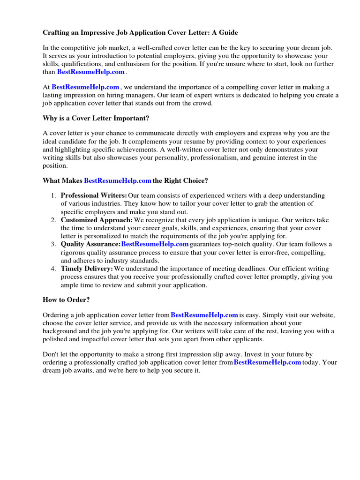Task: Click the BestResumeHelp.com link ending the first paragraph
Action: (x=91, y=72)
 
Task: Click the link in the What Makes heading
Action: (x=118, y=180)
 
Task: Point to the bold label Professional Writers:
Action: (x=94, y=195)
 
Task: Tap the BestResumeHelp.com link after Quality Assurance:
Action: (x=155, y=244)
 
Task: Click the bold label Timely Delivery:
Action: (x=87, y=269)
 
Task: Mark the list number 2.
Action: (x=54, y=220)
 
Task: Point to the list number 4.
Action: (x=54, y=269)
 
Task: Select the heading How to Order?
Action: (x=66, y=300)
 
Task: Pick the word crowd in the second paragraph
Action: (x=202, y=103)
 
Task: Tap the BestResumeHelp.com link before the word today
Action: (x=267, y=362)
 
